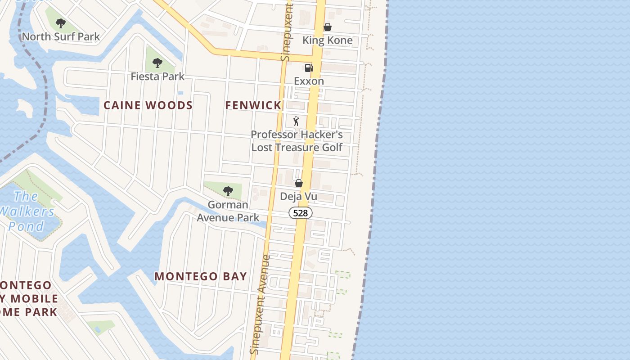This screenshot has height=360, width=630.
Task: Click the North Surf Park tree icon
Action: (x=61, y=23)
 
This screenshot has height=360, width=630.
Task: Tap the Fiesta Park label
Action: (x=157, y=76)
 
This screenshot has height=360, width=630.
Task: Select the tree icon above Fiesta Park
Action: (x=157, y=63)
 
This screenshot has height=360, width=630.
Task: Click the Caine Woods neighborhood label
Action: (x=148, y=105)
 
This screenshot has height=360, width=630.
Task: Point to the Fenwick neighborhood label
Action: (x=253, y=105)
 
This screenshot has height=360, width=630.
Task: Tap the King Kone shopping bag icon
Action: (x=328, y=27)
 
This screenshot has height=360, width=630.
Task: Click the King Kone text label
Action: (x=327, y=40)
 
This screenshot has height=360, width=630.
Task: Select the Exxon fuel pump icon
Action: (x=309, y=68)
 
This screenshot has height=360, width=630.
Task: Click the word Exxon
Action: (x=309, y=81)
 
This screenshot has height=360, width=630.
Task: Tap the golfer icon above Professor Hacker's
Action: (x=296, y=121)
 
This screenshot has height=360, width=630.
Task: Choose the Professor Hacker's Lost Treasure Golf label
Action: (x=297, y=141)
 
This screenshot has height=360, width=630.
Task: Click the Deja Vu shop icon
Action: (x=298, y=183)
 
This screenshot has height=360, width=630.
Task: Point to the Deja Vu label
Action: (x=298, y=196)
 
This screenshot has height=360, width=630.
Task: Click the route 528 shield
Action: (x=300, y=213)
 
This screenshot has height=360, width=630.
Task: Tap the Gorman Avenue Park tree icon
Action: (x=228, y=191)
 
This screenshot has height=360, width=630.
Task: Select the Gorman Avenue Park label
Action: (x=228, y=211)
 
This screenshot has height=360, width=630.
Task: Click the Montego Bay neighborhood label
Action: (x=201, y=276)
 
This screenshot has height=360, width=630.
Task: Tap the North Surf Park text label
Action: (x=61, y=36)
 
